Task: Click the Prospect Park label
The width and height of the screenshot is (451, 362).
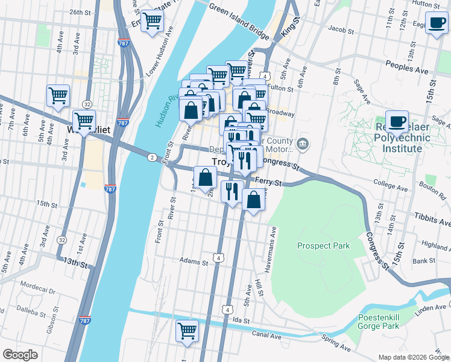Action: coord(323,246)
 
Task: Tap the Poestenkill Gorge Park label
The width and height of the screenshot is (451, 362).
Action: coord(395,322)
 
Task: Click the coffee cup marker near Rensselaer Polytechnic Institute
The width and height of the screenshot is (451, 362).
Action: coord(397,121)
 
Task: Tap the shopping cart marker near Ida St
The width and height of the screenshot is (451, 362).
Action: coord(188,331)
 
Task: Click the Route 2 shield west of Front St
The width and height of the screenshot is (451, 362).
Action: coord(151,156)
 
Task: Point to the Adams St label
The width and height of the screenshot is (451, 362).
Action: coord(194,261)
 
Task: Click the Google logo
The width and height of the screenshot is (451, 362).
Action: coord(20,355)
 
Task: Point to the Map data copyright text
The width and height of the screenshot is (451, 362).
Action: coord(413,357)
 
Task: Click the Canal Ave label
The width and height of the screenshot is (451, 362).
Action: coord(266,334)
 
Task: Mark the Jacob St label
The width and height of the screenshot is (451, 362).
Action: coord(340,28)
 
